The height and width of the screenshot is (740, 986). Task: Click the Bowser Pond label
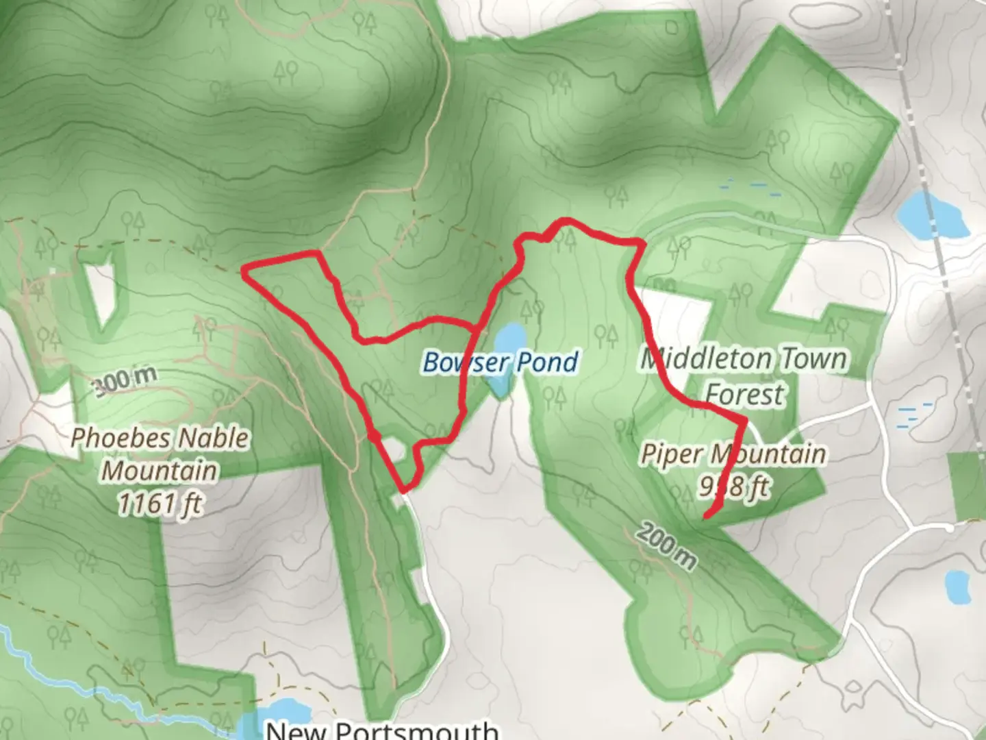pos(501,362)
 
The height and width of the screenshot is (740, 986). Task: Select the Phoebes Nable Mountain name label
pos(160,454)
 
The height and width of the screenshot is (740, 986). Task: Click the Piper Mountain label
pos(733,454)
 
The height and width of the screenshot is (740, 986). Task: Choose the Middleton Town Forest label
pos(744,376)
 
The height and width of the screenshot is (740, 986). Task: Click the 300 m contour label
pos(125,381)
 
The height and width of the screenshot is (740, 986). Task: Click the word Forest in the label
pos(744,395)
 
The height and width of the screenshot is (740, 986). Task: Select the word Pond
pos(547,362)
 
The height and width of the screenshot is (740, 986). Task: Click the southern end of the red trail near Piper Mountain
pos(706,516)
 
